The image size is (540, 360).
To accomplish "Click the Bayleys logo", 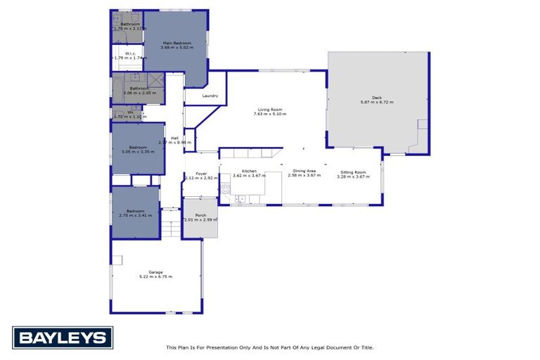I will point(63,338).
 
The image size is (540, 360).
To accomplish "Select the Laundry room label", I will point(210,96).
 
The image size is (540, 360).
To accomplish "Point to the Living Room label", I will point(269,109).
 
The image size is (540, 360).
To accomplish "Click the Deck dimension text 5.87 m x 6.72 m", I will point(377,103).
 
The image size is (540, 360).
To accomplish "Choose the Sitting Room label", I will point(353,172).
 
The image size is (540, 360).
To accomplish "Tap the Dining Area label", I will point(304,172).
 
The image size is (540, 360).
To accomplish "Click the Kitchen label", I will point(249,172).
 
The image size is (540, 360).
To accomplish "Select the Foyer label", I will point(201,173).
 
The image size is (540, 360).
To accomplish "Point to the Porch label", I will point(200,215).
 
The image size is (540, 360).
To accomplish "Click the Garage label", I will point(155,271).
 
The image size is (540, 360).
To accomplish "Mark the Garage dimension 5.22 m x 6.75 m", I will point(155,276).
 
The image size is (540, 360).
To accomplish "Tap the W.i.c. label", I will point(131,53).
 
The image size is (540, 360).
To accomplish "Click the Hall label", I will point(174,138).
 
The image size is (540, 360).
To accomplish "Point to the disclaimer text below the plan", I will point(269,347).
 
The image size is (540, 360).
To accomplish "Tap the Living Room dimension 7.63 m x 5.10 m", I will point(269,114).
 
